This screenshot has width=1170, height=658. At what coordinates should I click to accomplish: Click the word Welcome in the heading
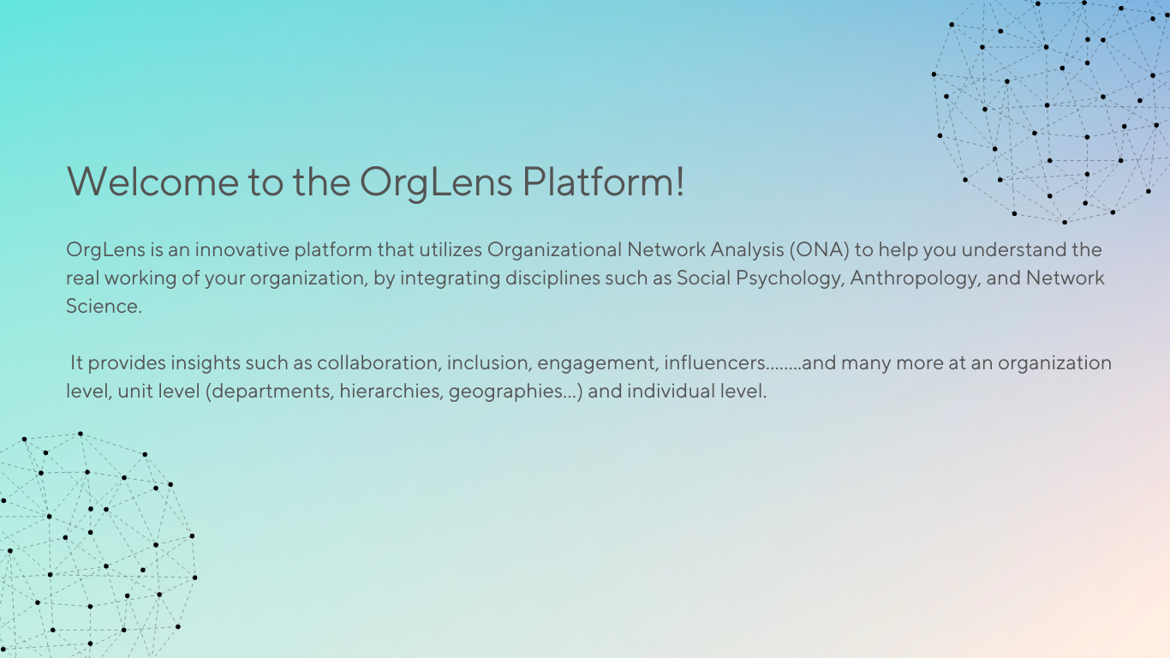152,182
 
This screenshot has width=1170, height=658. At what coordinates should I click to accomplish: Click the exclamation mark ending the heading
679,181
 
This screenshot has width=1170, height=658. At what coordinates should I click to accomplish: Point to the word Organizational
554,250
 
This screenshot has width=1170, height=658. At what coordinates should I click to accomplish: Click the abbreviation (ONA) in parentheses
820,250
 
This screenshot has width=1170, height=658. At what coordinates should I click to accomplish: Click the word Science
104,306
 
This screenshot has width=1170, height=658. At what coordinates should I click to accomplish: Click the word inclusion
489,363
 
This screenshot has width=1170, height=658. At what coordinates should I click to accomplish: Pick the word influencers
715,362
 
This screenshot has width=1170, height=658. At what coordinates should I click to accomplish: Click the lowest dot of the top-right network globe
1065,222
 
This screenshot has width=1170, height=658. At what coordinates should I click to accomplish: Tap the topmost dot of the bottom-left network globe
80,434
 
